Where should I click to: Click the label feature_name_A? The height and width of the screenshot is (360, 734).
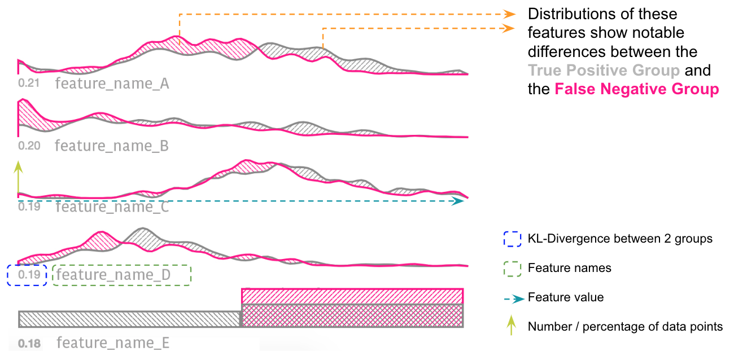[x=112, y=85]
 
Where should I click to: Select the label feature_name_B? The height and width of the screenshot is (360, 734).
[x=112, y=146]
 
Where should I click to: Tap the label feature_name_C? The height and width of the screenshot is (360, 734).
[x=112, y=207]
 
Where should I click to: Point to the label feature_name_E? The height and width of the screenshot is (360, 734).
[x=113, y=343]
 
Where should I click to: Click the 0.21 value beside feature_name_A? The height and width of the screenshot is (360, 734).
[x=28, y=85]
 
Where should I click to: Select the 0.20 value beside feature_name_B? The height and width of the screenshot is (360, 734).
[x=29, y=146]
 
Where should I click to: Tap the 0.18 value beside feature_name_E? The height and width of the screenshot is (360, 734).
[x=29, y=343]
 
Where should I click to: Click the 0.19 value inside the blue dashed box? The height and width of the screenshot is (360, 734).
[x=29, y=275]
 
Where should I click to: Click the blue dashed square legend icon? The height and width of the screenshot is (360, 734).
[x=512, y=239]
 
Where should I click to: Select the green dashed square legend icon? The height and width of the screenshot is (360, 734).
[x=512, y=268]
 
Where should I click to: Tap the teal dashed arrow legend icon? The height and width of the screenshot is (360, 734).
[x=512, y=297]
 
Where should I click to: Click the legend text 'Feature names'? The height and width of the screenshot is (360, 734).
[x=569, y=268]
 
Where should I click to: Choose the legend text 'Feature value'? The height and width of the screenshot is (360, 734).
[x=565, y=297]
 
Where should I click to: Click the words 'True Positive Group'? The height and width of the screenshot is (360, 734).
[x=604, y=71]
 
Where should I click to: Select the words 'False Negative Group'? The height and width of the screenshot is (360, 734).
[x=637, y=89]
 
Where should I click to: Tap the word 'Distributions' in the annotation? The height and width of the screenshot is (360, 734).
[x=574, y=14]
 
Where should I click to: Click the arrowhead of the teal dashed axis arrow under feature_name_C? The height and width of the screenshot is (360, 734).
[x=460, y=201]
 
